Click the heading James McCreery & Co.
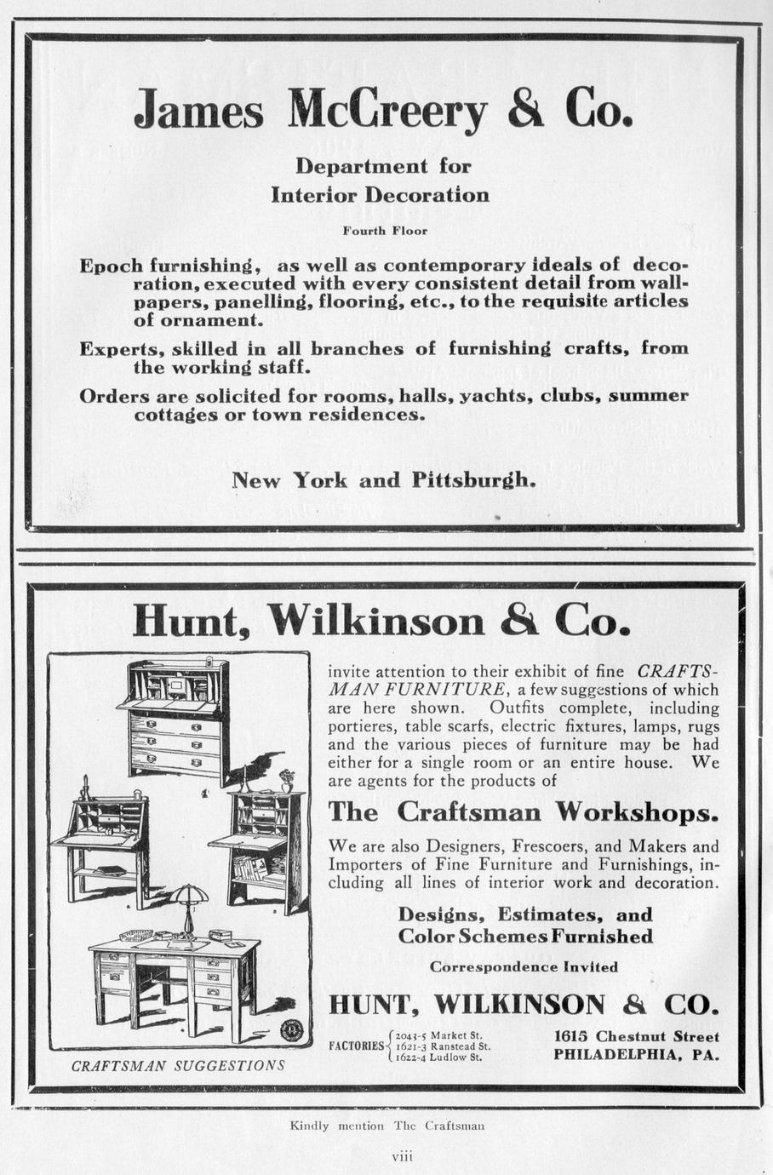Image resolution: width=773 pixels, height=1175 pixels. tap(383, 112)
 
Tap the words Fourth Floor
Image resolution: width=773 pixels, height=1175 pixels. tap(385, 231)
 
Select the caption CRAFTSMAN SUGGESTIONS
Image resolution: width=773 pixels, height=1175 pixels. tap(178, 1065)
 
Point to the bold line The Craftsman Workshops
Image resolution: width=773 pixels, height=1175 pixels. tap(524, 812)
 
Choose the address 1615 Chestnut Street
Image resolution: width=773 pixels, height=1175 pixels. tap(636, 1037)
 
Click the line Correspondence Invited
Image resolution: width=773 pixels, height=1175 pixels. tap(524, 967)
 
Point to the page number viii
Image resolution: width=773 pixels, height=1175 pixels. tap(402, 1156)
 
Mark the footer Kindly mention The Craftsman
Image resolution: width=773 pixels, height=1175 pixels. tap(387, 1126)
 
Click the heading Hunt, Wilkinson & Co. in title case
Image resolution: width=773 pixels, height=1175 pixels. tap(381, 622)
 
